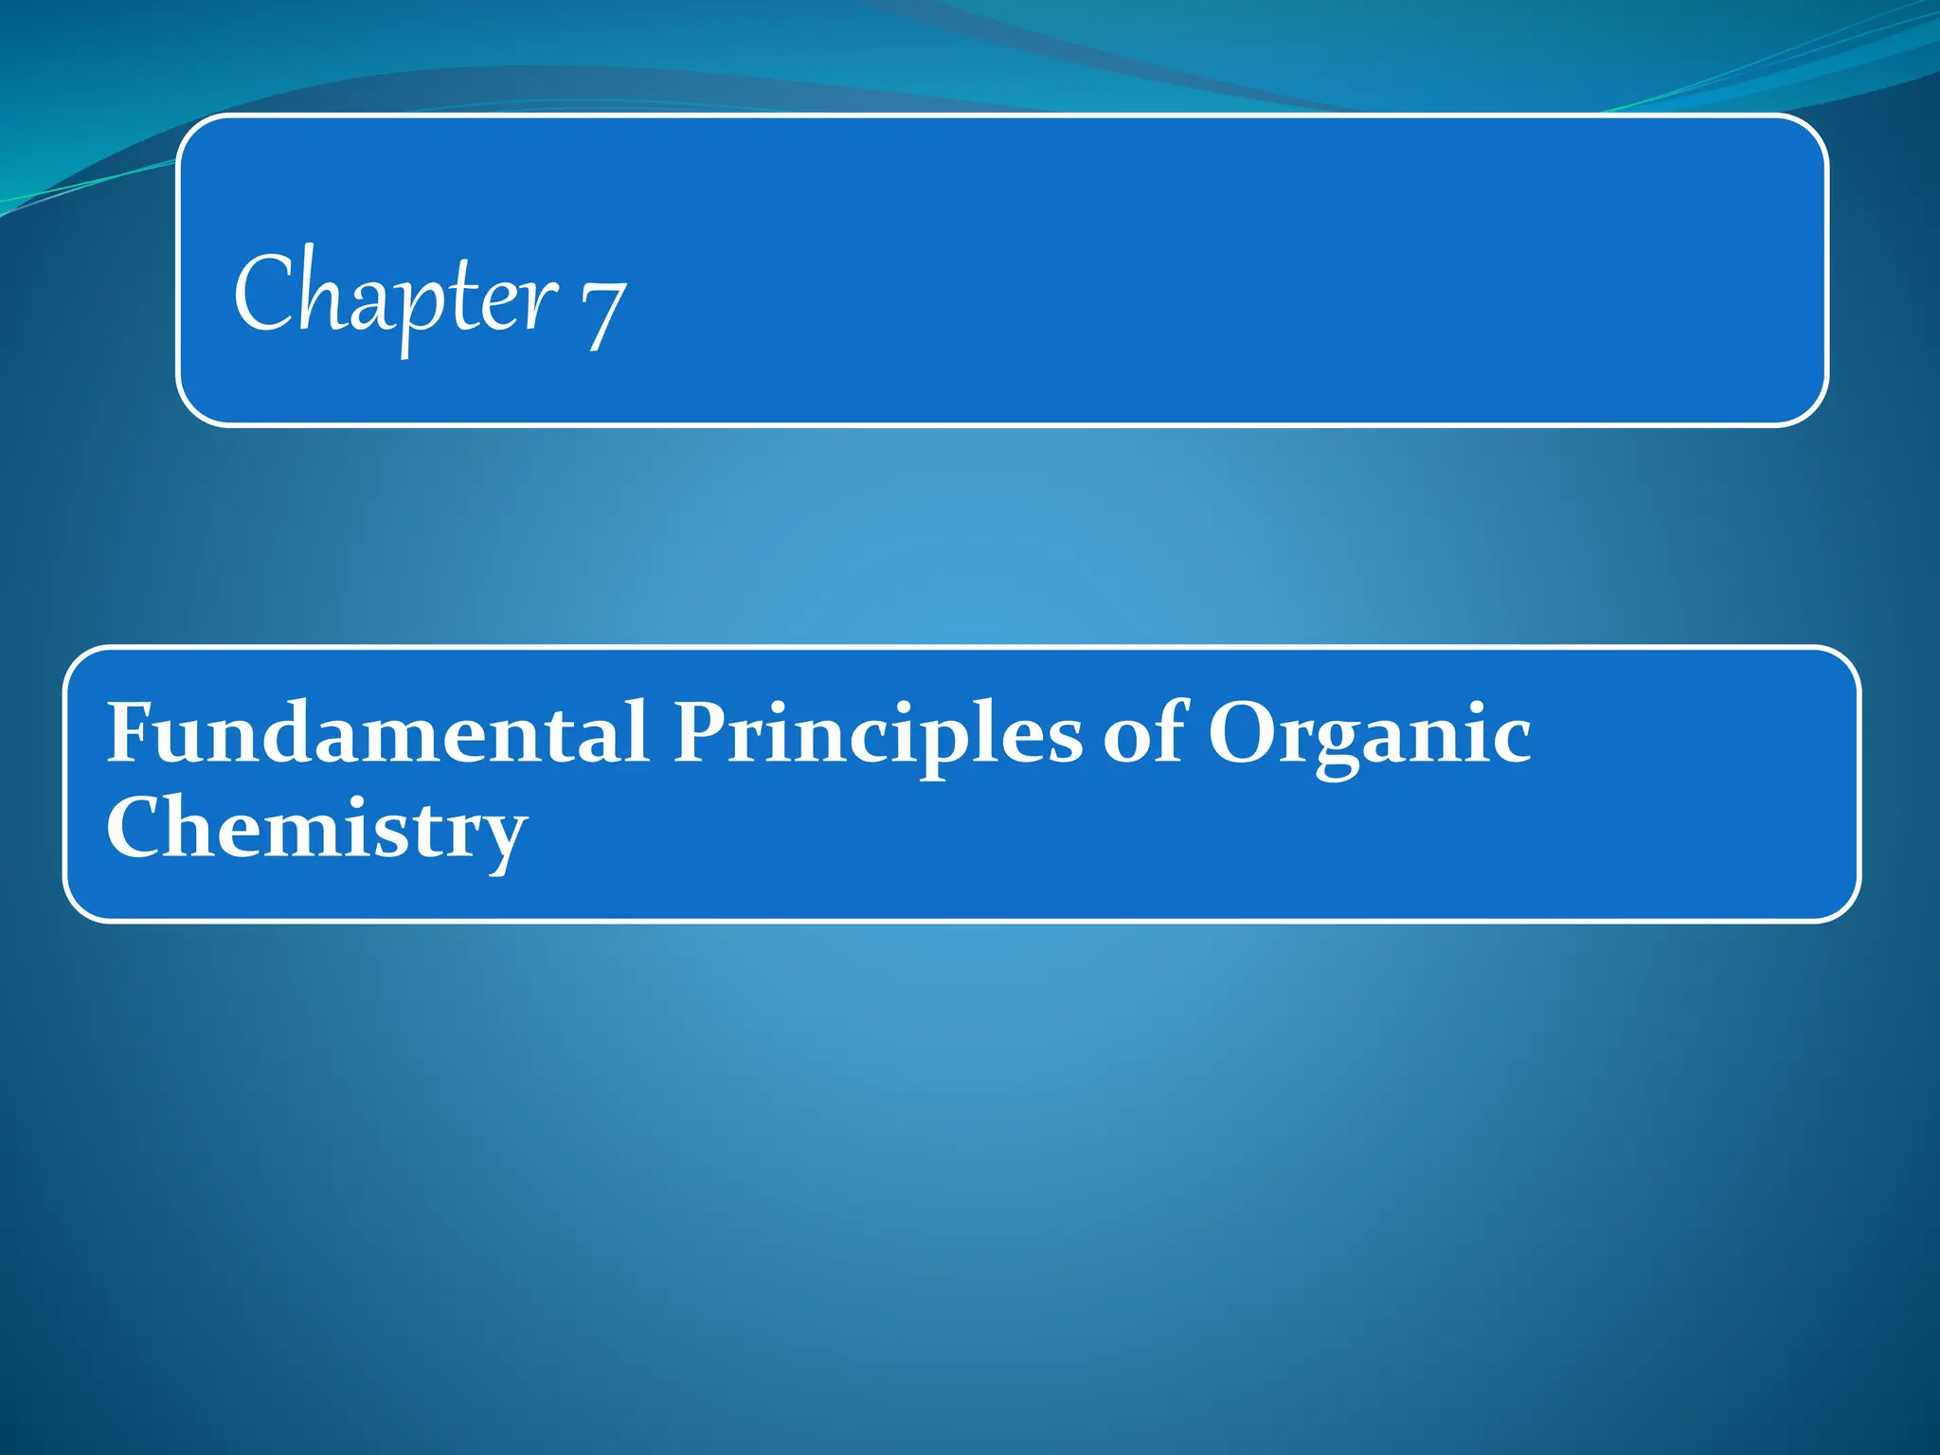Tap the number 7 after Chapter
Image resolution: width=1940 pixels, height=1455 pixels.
click(x=603, y=313)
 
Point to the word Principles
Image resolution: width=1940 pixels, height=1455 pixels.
click(x=877, y=734)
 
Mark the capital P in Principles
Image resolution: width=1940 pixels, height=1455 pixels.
click(x=704, y=731)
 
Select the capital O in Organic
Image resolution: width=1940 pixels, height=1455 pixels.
click(x=1245, y=733)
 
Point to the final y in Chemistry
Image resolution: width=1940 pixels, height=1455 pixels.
click(x=499, y=837)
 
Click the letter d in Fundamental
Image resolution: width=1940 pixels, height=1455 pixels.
click(x=319, y=731)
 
